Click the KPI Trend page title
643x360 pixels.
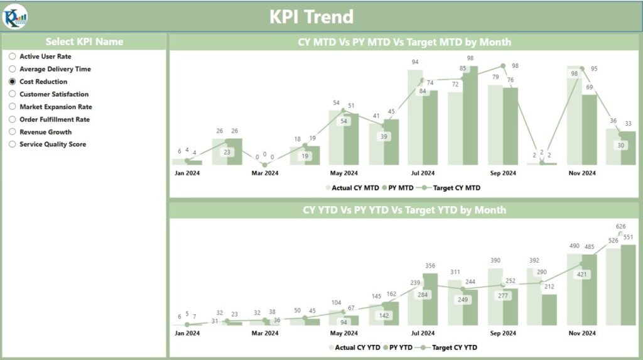(311, 16)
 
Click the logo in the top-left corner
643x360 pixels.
(15, 16)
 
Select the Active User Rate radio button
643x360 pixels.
(13, 57)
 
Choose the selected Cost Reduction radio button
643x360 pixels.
(13, 82)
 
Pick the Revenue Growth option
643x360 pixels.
(45, 132)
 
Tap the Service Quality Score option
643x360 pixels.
(52, 145)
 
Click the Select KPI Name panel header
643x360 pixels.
(84, 42)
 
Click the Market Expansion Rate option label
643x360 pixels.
(55, 107)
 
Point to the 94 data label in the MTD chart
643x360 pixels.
(415, 62)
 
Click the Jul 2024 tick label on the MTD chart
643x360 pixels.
(423, 173)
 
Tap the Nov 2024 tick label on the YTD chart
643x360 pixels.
(582, 333)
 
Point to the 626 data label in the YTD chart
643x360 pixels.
(621, 226)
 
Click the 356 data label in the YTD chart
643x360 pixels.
(430, 266)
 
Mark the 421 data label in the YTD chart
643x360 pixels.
(582, 274)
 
